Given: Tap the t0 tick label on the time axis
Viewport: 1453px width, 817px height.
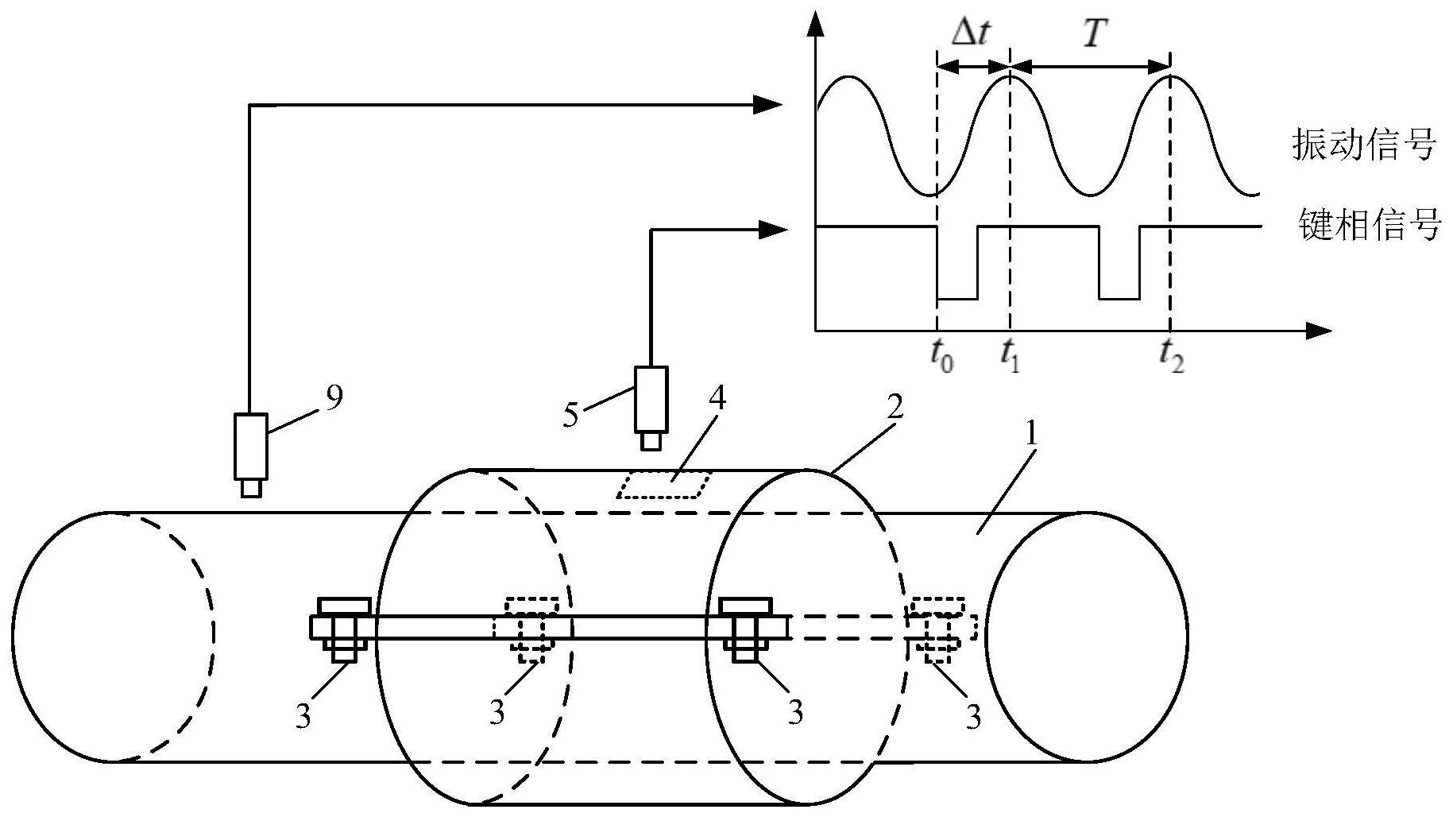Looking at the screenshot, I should [941, 354].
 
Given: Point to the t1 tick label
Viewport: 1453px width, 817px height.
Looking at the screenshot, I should [1010, 354].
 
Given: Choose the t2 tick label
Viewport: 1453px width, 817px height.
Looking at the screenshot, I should [1171, 354].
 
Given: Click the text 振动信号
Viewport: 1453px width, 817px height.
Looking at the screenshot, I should [1363, 145].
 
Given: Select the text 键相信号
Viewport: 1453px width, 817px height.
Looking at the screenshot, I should [1368, 225].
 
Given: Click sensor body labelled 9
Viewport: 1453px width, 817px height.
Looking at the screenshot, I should [250, 446].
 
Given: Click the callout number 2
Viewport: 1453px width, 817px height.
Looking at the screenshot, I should [895, 407].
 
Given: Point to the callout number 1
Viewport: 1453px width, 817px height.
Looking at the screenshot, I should [1031, 434].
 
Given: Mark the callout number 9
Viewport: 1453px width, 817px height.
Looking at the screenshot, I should [334, 397].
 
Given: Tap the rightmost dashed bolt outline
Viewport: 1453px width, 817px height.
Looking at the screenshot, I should [939, 608].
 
